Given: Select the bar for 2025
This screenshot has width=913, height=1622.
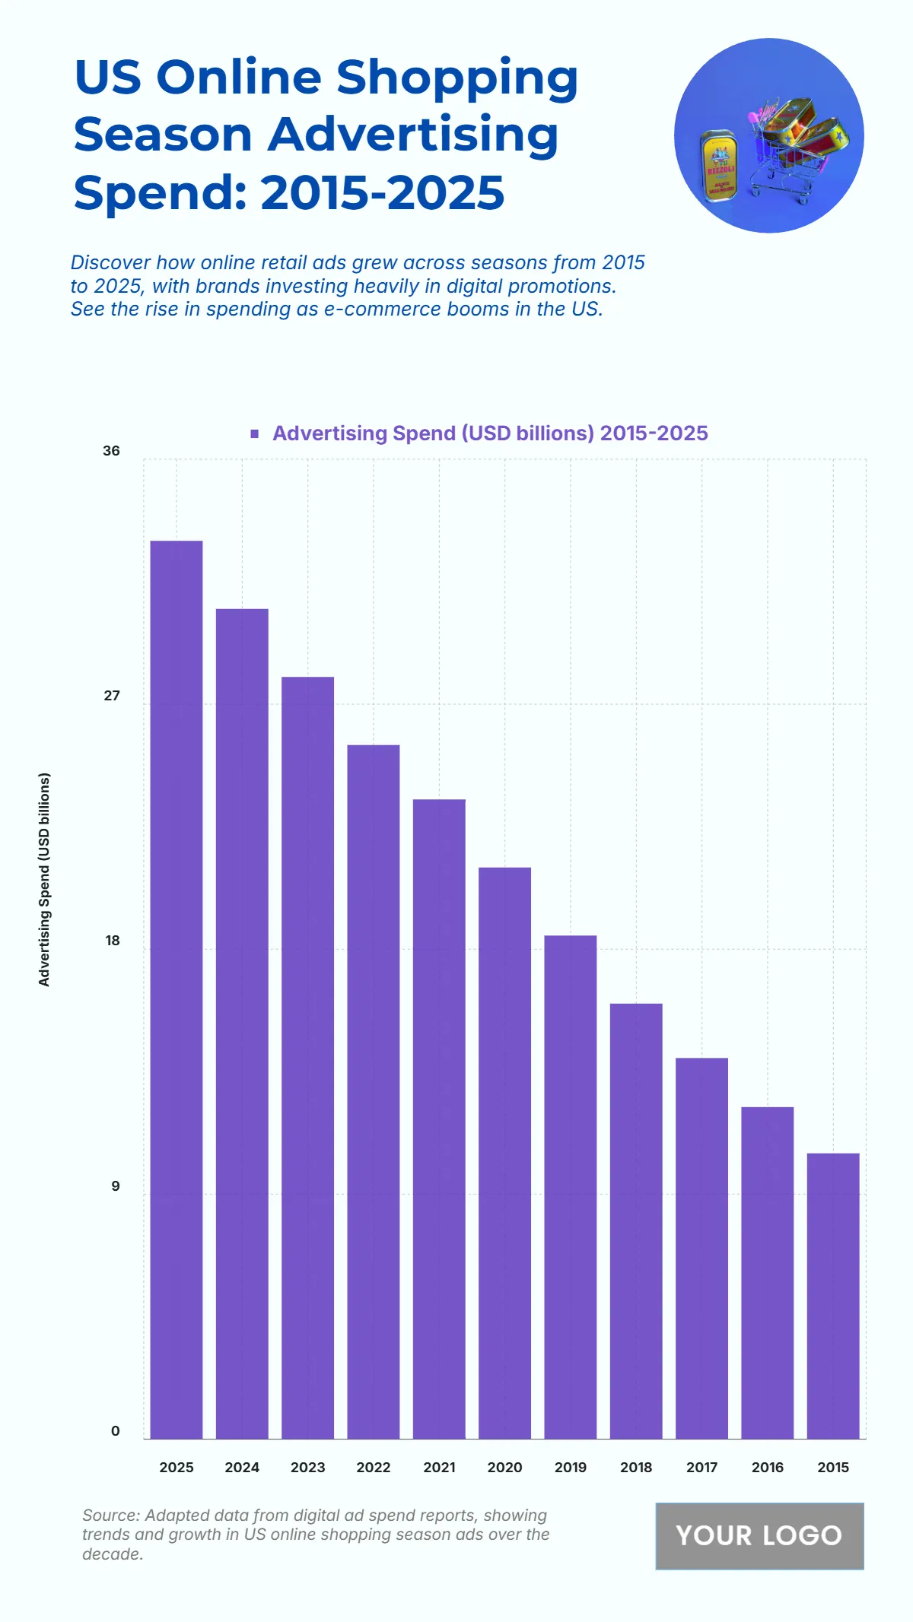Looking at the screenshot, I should click(x=177, y=989).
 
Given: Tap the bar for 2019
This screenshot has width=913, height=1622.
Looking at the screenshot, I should click(x=571, y=1186).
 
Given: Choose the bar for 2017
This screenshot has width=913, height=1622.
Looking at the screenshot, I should click(x=701, y=1248).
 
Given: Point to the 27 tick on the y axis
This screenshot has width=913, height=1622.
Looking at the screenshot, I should click(x=112, y=696).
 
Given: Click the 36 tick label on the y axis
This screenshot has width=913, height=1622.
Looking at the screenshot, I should click(x=112, y=451).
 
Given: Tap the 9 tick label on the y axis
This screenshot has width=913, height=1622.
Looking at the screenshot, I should click(x=116, y=1186).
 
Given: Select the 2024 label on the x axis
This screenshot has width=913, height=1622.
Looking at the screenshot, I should click(x=242, y=1468).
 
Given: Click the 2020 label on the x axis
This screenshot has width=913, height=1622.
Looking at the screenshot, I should click(x=504, y=1468).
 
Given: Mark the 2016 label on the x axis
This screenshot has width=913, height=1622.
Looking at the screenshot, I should click(x=767, y=1468).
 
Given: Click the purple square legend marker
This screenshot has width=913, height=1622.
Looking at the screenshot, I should click(x=255, y=433).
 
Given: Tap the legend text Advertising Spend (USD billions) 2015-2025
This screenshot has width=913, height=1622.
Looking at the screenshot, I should click(x=490, y=433).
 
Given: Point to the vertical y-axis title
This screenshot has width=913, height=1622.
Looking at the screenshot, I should click(x=44, y=880).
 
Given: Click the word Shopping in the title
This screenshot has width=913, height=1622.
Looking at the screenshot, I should click(x=456, y=78).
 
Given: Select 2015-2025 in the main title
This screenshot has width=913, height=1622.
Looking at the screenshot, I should click(x=383, y=192).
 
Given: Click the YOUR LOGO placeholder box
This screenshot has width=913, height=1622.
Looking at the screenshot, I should click(x=759, y=1535).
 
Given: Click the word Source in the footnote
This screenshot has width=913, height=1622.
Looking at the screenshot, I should click(x=110, y=1516).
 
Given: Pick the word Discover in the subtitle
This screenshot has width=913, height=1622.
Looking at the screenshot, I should click(x=110, y=262).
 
